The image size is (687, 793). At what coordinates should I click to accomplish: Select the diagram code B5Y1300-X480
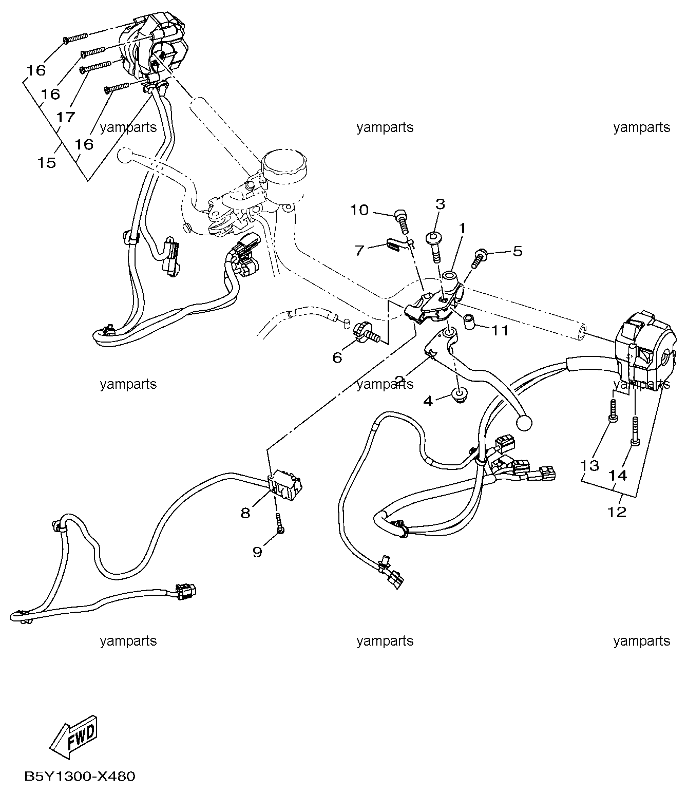80,776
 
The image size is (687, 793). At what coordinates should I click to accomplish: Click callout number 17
65,118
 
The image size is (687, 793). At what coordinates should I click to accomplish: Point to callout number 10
359,210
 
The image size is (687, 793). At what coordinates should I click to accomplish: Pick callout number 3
440,203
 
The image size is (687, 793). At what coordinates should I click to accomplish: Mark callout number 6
337,357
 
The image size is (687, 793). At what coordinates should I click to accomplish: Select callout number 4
428,401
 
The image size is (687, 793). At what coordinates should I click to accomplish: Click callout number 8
245,512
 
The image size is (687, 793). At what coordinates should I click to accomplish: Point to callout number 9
257,552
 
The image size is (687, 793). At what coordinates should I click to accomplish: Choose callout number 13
589,465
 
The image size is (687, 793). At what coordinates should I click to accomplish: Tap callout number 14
618,476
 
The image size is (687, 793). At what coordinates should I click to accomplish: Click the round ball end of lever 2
524,423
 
